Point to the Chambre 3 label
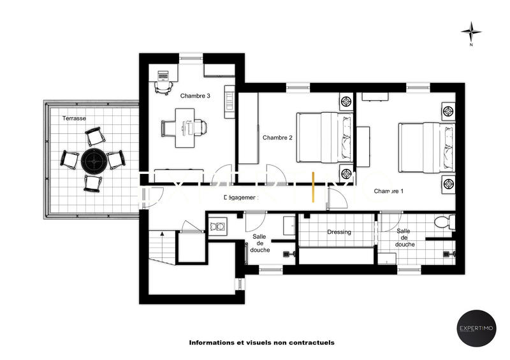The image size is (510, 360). (x=195, y=96)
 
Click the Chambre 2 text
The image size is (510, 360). (x=277, y=138)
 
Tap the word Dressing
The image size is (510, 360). (x=339, y=232)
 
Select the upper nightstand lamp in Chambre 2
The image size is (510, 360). (x=347, y=101)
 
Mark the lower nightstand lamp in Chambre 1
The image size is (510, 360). (x=448, y=184)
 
